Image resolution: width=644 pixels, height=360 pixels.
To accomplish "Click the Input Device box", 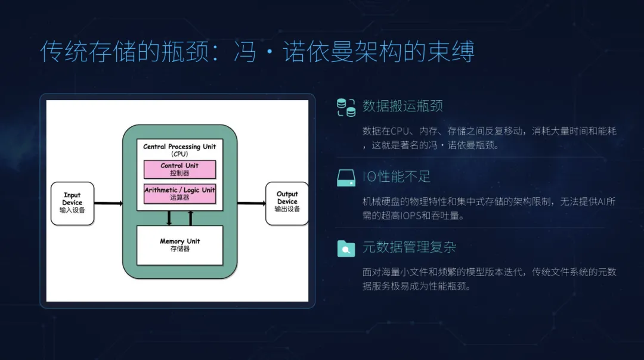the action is tap(72, 203).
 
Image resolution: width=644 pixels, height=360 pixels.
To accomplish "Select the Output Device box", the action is tap(287, 203).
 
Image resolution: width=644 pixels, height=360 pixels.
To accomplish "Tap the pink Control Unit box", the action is tap(179, 169).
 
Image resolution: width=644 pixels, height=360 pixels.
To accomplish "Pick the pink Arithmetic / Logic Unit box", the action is tap(179, 194).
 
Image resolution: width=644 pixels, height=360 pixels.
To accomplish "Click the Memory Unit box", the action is tap(179, 245).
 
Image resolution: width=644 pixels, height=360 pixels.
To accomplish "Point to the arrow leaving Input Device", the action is tap(109, 203).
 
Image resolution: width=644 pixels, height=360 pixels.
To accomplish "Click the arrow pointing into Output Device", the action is tap(251, 203).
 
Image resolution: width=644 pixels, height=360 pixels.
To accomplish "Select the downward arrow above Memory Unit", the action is tap(169, 218).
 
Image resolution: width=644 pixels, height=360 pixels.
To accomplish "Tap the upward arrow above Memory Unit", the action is tap(191, 218).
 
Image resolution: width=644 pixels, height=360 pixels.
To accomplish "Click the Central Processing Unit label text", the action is tap(179, 147).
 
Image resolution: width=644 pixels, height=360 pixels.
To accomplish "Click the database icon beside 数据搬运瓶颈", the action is tap(346, 107).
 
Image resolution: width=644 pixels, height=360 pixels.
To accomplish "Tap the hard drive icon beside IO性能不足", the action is tap(346, 177).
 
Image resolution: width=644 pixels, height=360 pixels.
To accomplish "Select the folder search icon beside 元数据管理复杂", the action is tap(346, 247).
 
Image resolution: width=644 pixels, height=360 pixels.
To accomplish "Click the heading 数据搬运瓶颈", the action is tap(402, 107).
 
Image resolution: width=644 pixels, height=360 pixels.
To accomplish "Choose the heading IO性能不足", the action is tap(396, 177).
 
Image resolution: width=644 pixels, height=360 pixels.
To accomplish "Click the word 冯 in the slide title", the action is tap(244, 52).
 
